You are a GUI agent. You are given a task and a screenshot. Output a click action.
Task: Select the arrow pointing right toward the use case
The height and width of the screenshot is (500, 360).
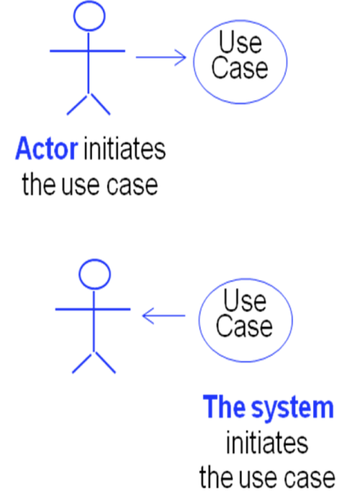click(161, 58)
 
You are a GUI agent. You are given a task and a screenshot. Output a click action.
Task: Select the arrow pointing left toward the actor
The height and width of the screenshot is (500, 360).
click(163, 316)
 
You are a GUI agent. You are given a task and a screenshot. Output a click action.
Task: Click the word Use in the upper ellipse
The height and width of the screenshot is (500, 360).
click(240, 43)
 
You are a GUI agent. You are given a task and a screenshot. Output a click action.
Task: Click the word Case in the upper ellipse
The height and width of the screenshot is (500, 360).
click(240, 68)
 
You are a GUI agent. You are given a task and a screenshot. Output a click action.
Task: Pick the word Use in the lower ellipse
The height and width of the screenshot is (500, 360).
click(245, 300)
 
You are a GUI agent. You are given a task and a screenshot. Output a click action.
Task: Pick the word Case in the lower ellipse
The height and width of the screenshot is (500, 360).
click(244, 326)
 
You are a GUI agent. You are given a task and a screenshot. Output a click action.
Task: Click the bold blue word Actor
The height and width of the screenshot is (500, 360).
click(47, 148)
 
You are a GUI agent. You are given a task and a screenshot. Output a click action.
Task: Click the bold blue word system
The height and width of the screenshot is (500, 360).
click(292, 409)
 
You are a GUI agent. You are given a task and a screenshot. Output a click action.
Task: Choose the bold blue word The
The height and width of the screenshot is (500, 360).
click(225, 406)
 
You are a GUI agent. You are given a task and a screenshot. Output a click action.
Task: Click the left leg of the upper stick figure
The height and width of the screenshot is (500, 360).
click(78, 104)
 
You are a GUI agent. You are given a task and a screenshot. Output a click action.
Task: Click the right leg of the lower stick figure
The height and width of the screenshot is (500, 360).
click(104, 362)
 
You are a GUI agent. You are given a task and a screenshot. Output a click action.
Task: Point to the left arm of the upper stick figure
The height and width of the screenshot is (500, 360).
click(69, 51)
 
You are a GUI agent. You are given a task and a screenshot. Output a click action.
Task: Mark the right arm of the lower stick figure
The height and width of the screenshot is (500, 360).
click(112, 309)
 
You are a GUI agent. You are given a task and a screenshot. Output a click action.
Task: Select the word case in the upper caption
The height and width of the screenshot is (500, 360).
click(132, 186)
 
